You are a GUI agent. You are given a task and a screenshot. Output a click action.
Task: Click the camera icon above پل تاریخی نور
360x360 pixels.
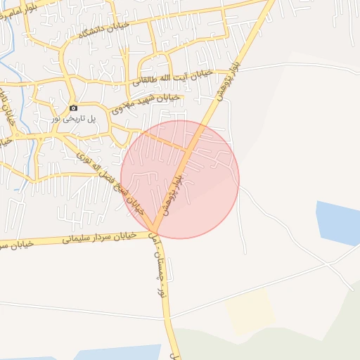tap(73, 108)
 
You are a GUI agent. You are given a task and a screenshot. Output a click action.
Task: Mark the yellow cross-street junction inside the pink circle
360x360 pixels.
tap(188, 150)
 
